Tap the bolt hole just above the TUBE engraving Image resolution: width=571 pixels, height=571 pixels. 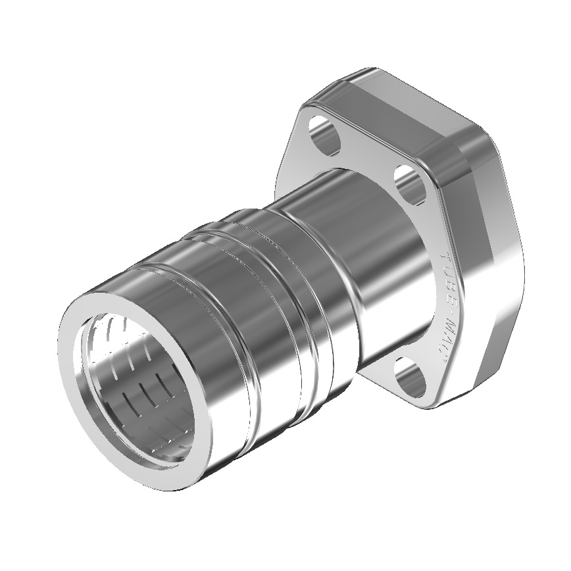pos(411,184)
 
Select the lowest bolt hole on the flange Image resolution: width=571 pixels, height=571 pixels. pos(414,380)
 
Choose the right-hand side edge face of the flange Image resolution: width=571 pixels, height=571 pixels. pos(503,276)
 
